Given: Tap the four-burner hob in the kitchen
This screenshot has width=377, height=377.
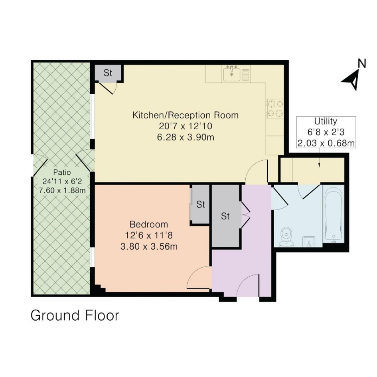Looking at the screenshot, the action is point(275,109).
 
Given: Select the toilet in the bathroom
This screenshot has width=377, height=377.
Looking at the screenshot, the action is point(286,237).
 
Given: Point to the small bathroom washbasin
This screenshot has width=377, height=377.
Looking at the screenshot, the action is point(309,241).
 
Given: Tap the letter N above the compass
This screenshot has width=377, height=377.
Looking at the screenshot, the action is point(362,63).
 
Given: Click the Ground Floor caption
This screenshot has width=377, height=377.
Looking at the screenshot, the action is point(75,316).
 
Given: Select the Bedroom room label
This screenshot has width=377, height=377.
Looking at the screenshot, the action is point(149,224).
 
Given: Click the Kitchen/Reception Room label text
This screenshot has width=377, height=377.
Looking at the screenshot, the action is point(186,115).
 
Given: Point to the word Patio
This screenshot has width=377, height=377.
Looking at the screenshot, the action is point(62,172).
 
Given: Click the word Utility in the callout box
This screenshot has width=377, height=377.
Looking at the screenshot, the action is point(326,121).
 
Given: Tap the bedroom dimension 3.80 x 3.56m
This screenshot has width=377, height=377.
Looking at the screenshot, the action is point(149,247).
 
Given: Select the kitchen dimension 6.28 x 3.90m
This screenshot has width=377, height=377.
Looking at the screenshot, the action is point(186,137).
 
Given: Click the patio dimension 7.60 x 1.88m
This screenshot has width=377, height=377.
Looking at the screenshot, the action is point(62,190).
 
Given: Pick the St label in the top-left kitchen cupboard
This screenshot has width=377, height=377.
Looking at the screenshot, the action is point(108,73).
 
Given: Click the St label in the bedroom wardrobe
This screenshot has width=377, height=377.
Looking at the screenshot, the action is point(201,204).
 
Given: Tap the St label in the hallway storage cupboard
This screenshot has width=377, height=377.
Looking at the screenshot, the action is point(225,216).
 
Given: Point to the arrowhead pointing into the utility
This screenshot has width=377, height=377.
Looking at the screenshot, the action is point(319,165).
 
